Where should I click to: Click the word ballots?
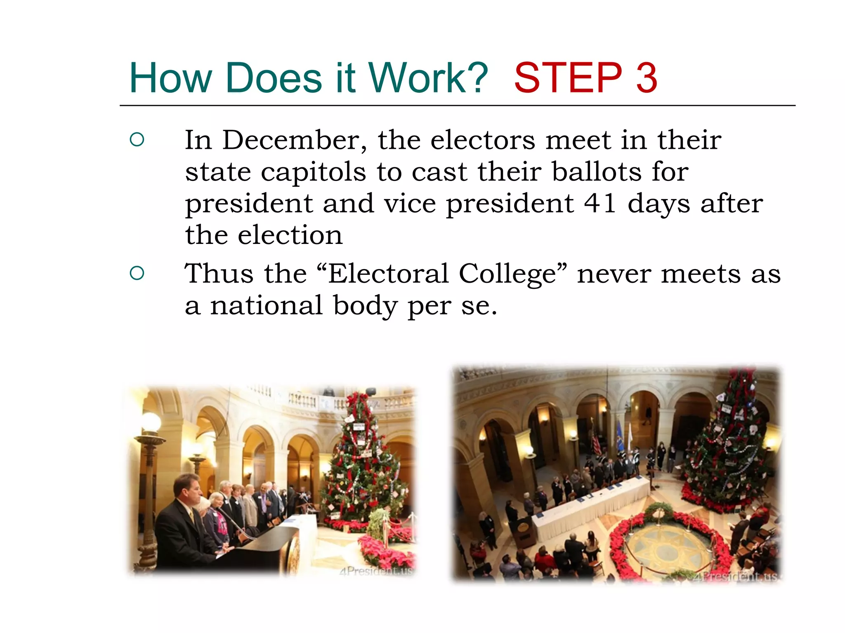click(x=597, y=172)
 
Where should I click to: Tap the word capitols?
click(x=313, y=173)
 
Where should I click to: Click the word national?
click(x=267, y=306)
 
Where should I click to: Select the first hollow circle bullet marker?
click(x=137, y=140)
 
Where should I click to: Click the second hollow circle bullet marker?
click(x=137, y=273)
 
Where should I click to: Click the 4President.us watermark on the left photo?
click(x=376, y=571)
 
